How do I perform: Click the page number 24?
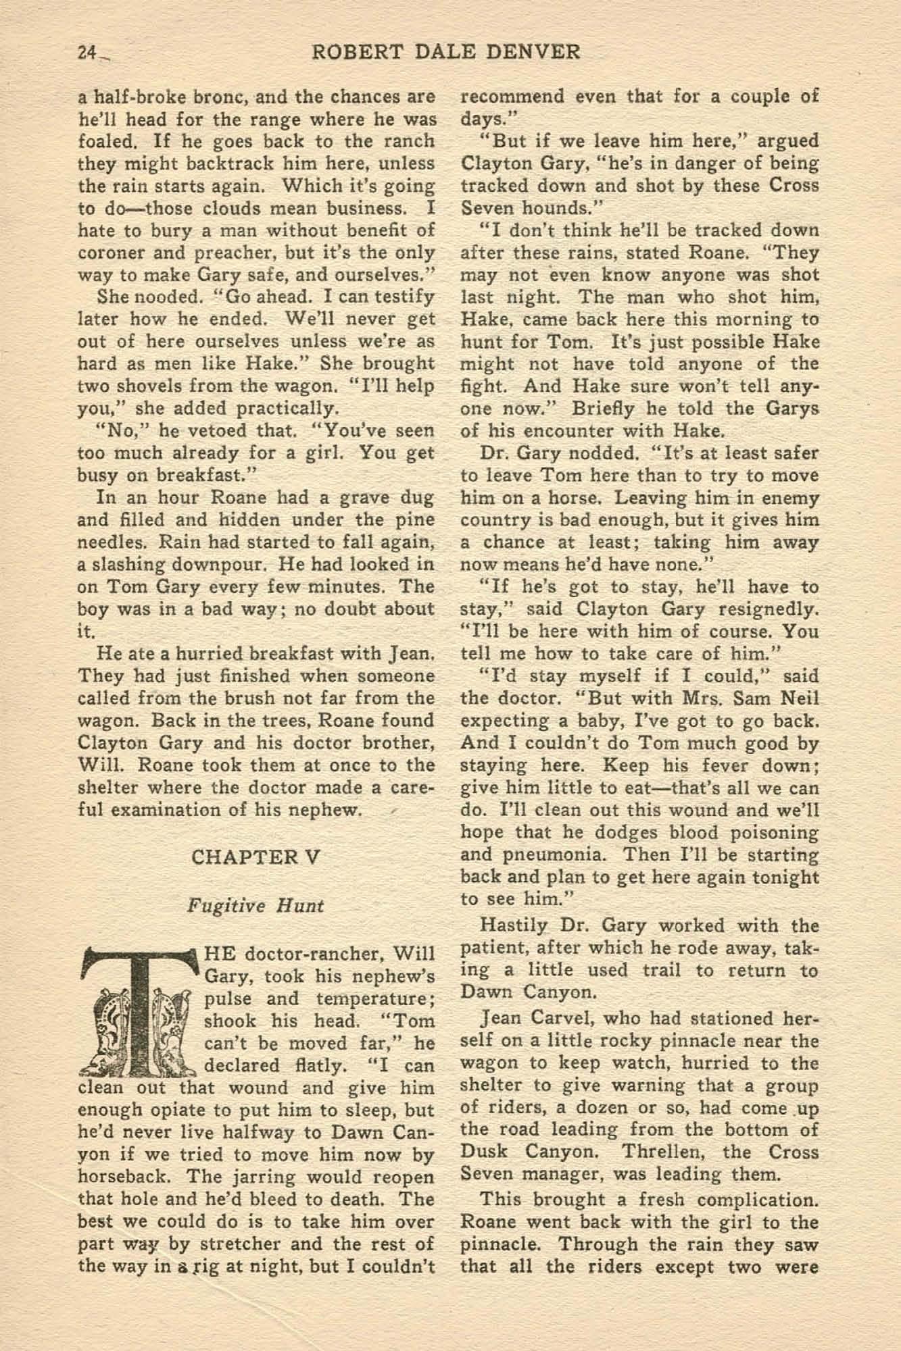tap(86, 53)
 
